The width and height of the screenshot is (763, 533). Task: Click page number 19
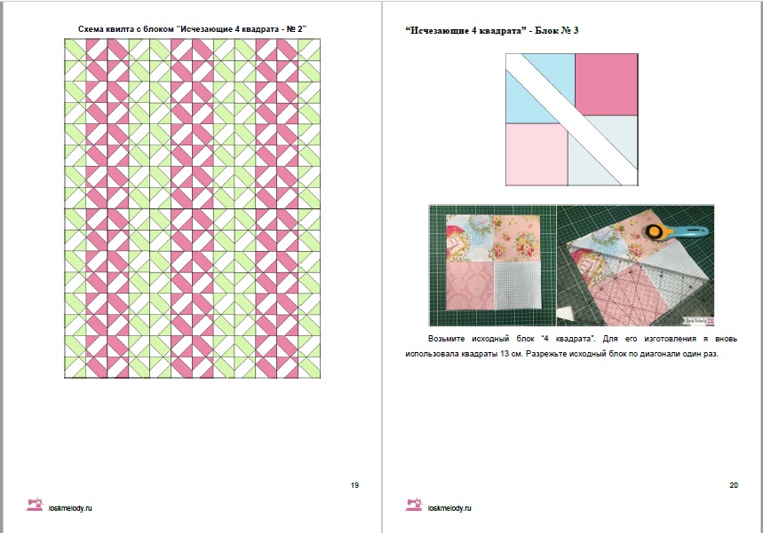[354, 485]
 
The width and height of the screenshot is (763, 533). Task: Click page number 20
[734, 485]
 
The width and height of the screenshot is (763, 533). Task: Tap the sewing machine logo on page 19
[34, 505]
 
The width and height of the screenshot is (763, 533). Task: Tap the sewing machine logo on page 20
[414, 505]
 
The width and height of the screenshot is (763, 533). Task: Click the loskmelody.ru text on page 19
[70, 508]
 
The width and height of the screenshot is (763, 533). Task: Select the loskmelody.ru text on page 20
[449, 508]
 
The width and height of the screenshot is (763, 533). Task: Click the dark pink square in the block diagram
[607, 84]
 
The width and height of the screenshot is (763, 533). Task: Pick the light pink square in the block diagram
[536, 154]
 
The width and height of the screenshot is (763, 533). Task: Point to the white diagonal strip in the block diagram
[572, 120]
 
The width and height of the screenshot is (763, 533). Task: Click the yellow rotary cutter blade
[654, 232]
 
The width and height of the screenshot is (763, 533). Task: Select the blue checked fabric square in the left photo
[518, 286]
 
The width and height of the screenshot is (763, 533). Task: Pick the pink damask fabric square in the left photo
[470, 286]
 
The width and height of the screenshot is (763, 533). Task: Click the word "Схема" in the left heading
[91, 29]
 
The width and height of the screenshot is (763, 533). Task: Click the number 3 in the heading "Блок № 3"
[576, 31]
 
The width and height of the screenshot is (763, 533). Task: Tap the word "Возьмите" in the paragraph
[446, 339]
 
